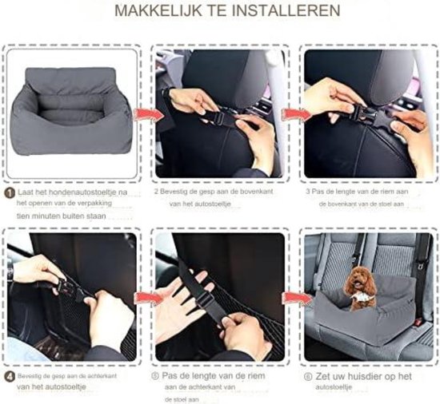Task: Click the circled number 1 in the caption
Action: [10, 192]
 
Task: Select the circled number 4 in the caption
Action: [10, 374]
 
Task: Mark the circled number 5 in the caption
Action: [158, 374]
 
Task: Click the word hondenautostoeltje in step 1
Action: [80, 192]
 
